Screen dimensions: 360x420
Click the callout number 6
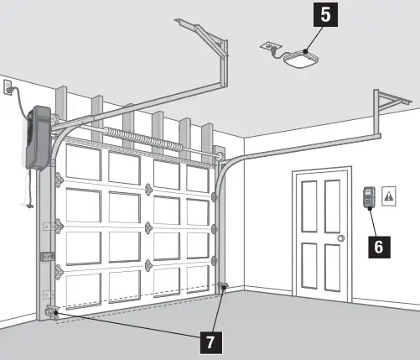click(x=378, y=248)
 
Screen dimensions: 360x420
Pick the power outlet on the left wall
click(x=8, y=86)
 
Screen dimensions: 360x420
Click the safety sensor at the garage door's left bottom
click(x=53, y=313)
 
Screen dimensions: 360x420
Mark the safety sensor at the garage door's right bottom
click(x=226, y=288)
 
